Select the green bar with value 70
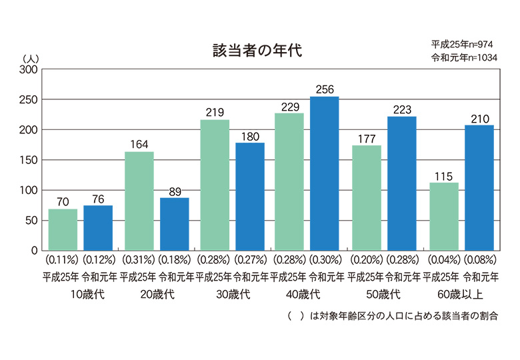click(x=63, y=229)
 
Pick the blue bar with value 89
click(x=174, y=223)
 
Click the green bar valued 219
click(x=215, y=185)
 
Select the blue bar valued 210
click(x=479, y=187)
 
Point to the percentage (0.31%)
click(x=138, y=258)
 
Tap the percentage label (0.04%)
click(x=443, y=258)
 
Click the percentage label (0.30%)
click(x=325, y=258)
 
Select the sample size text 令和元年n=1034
click(x=463, y=57)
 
